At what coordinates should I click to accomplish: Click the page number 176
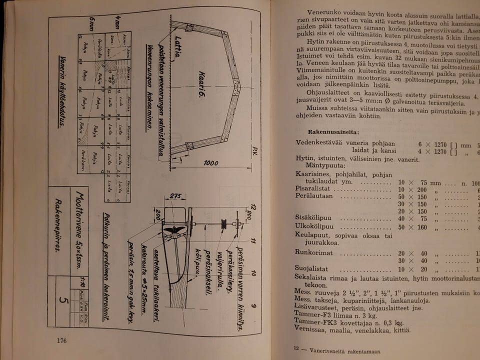tap(62, 341)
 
